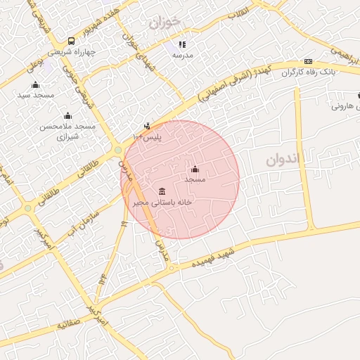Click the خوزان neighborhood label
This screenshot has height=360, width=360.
[x=165, y=22]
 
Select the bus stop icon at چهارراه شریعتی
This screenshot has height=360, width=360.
[x=71, y=41]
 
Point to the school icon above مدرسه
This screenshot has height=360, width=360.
[x=182, y=44]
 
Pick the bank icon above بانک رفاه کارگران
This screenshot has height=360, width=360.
[x=308, y=62]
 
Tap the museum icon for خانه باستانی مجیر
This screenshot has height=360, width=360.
[x=162, y=192]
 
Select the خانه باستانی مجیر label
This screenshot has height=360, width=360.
[x=162, y=202]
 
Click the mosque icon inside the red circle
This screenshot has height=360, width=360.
[x=195, y=169]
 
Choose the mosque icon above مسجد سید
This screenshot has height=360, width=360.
[x=35, y=85]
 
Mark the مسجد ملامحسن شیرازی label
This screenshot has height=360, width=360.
[x=67, y=131]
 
